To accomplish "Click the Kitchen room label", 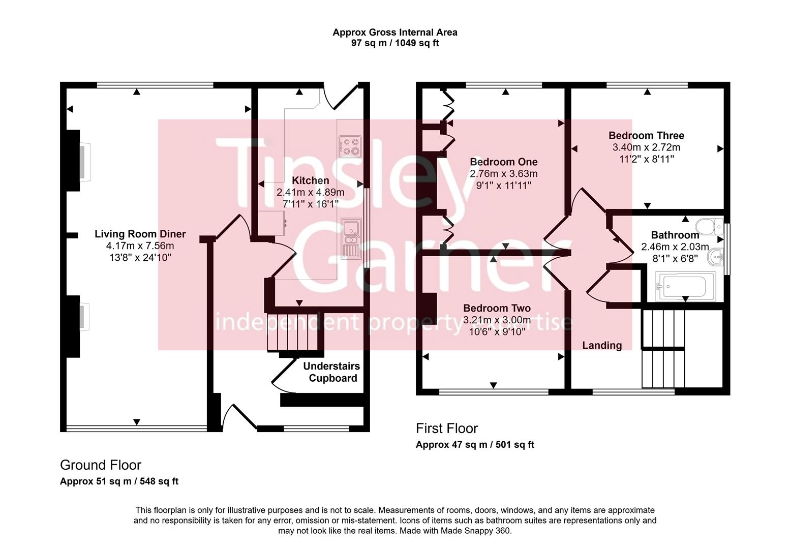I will tap(310, 180).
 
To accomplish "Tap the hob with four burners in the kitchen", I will tap(350, 145).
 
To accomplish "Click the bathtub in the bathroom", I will tap(684, 286).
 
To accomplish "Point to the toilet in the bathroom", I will tap(709, 225).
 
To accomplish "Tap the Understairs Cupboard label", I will tap(332, 372).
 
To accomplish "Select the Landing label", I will tap(602, 346).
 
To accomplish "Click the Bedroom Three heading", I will tap(646, 136).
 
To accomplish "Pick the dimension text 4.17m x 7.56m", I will tap(140, 246).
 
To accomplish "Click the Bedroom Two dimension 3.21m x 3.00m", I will tap(497, 320).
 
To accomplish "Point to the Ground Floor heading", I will tap(101, 465).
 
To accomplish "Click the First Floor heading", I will tap(447, 429).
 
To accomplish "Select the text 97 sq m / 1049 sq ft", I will tap(395, 43).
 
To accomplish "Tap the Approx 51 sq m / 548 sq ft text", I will tap(119, 481).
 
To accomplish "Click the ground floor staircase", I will tap(295, 333).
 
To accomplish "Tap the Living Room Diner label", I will tap(140, 234).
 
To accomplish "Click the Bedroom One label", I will tap(503, 162).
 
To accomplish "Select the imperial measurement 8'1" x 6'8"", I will tap(675, 258).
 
